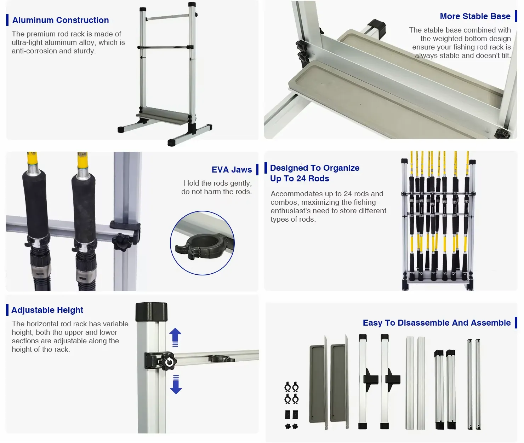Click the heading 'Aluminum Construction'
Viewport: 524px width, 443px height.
[x=61, y=20]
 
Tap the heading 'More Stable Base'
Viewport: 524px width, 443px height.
[x=475, y=16]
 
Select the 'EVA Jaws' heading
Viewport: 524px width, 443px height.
[x=232, y=170]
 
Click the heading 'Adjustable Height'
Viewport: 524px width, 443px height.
[x=47, y=310]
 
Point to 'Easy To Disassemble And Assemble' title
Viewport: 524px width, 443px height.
[x=437, y=323]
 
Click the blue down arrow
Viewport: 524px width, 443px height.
[x=176, y=385]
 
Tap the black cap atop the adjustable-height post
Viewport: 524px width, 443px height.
[x=152, y=311]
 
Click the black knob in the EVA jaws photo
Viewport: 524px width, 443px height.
[x=121, y=242]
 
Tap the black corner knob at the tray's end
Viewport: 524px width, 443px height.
[x=503, y=133]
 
